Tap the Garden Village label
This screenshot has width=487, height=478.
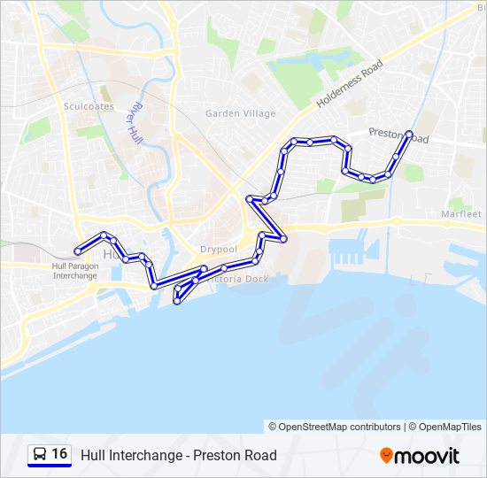click(240, 113)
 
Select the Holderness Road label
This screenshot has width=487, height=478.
click(350, 84)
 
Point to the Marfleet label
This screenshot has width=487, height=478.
click(460, 214)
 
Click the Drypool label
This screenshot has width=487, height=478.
click(218, 250)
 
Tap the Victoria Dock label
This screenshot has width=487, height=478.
click(238, 279)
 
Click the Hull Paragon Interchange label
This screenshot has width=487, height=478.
click(75, 271)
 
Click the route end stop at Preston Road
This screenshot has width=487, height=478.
click(409, 135)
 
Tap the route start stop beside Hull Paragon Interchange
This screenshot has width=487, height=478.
click(78, 252)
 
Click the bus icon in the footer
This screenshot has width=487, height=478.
click(39, 455)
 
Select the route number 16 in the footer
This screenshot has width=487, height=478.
click(59, 454)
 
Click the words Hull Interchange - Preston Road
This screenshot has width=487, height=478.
click(179, 455)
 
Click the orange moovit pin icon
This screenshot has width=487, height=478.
click(386, 456)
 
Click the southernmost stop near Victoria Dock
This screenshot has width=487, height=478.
click(177, 302)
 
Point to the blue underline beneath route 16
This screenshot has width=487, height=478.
click(49, 466)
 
